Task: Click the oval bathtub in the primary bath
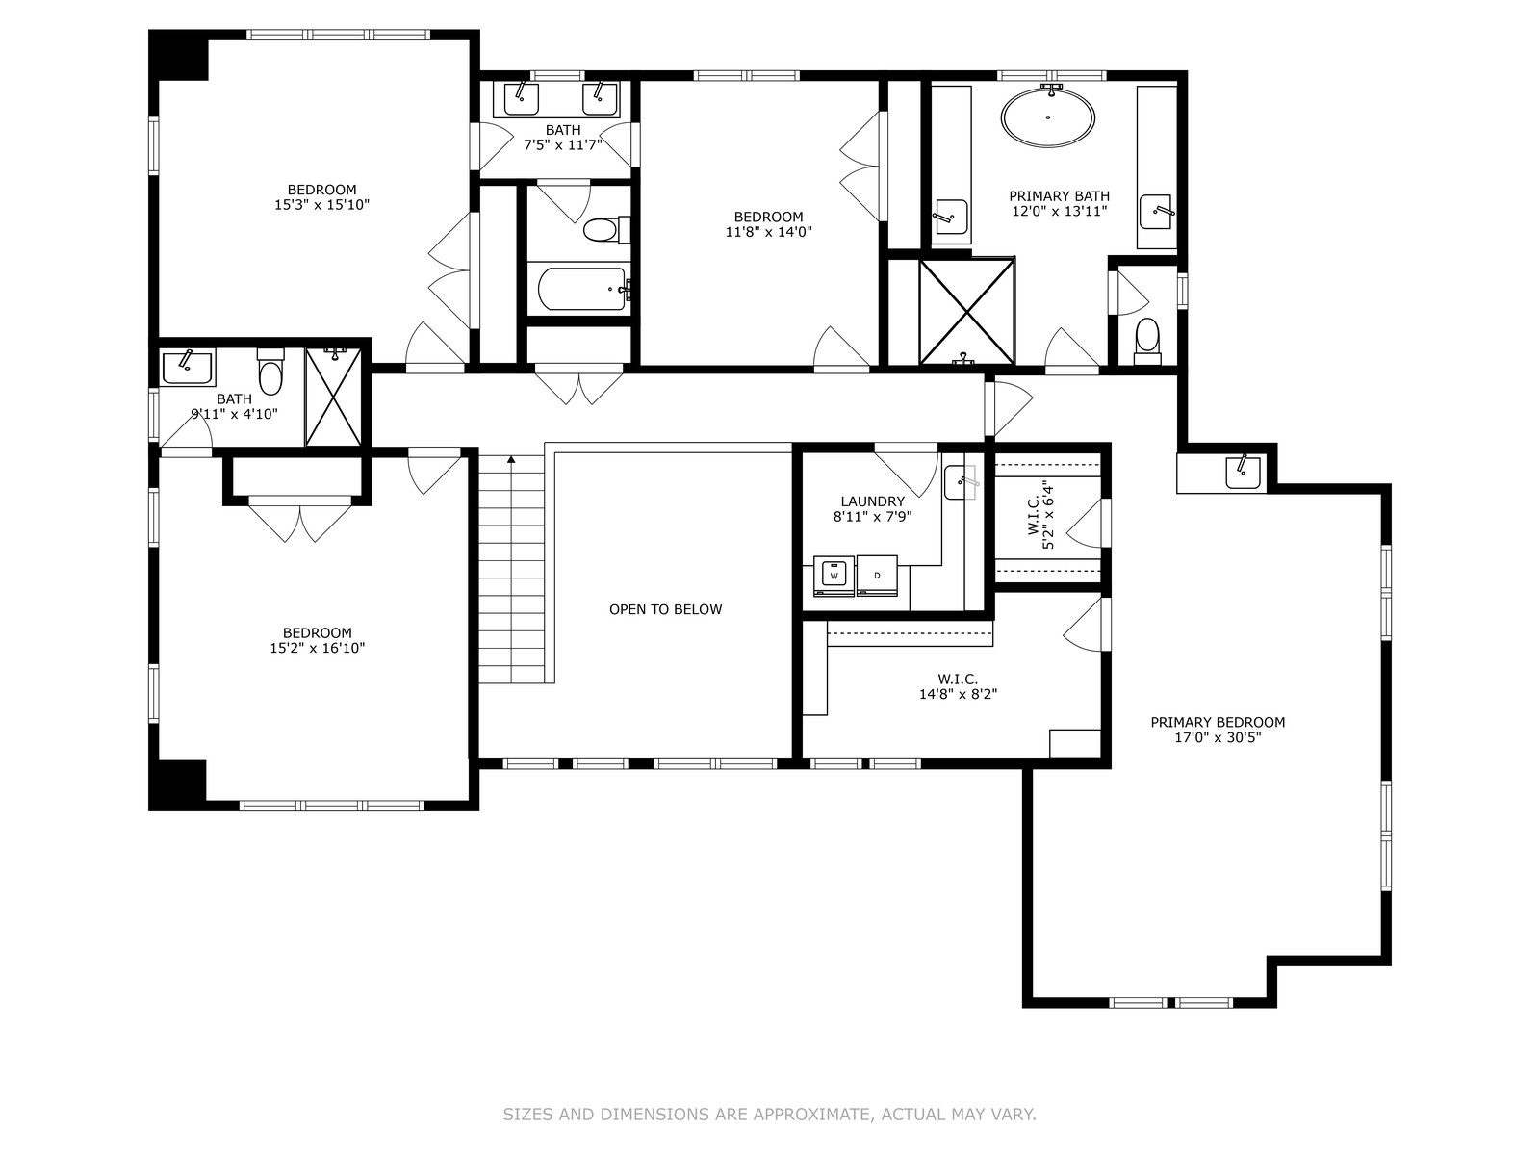[x=1047, y=117]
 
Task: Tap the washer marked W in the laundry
[x=834, y=576]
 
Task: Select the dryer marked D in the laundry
[x=877, y=576]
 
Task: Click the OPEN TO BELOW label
[x=665, y=609]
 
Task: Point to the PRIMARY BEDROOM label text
[x=1218, y=722]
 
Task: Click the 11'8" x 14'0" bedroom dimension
[x=768, y=232]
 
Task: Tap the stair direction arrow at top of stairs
[x=511, y=459]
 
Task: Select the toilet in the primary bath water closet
[x=1147, y=342]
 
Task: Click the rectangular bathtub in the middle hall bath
[x=581, y=289]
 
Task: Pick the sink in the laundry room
[x=960, y=482]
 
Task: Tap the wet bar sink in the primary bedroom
[x=1243, y=472]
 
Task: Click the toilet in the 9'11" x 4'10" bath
[x=270, y=372]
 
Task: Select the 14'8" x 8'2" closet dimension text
[x=958, y=694]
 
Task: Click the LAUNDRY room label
[x=872, y=501]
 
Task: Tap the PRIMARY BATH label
[x=1060, y=196]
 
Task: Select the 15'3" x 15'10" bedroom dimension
[x=322, y=205]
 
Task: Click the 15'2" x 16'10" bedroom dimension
[x=317, y=648]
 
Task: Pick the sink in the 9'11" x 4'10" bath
[x=187, y=368]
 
